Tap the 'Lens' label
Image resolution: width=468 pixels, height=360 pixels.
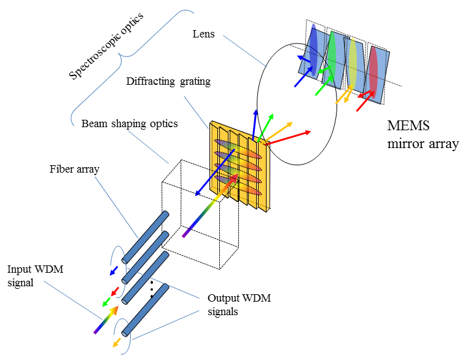[203, 34]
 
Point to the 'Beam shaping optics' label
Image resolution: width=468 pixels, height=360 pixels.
[130, 123]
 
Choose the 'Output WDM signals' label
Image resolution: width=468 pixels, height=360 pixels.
[239, 304]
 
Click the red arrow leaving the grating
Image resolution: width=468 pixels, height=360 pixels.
[289, 136]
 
